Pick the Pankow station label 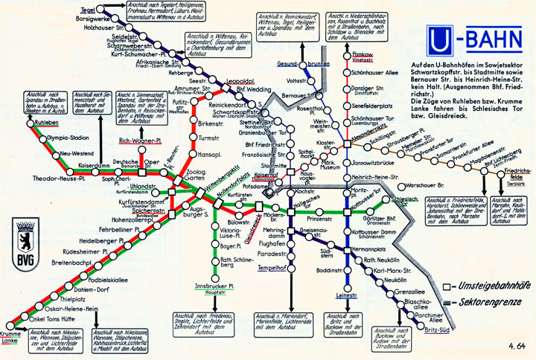tap(363, 55)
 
